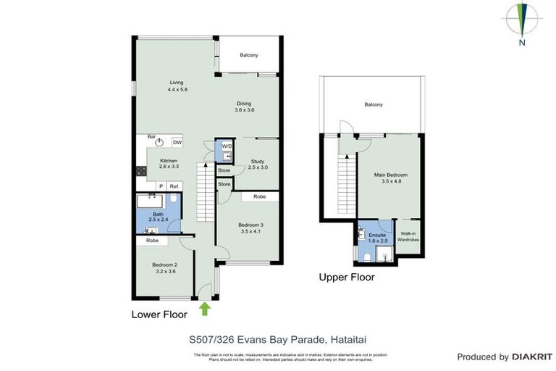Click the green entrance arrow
pyautogui.click(x=205, y=309)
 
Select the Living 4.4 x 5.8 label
pyautogui.click(x=177, y=86)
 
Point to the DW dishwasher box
pyautogui.click(x=177, y=142)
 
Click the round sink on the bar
pyautogui.click(x=160, y=142)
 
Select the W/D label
pyautogui.click(x=227, y=146)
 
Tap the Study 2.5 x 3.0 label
pyautogui.click(x=258, y=164)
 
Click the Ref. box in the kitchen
pyautogui.click(x=174, y=186)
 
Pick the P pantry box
pyautogui.click(x=160, y=186)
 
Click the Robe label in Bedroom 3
pyautogui.click(x=258, y=196)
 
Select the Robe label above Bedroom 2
pyautogui.click(x=152, y=240)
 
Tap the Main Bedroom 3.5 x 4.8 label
pyautogui.click(x=390, y=178)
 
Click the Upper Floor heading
pyautogui.click(x=347, y=277)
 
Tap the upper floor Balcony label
pyautogui.click(x=373, y=105)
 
